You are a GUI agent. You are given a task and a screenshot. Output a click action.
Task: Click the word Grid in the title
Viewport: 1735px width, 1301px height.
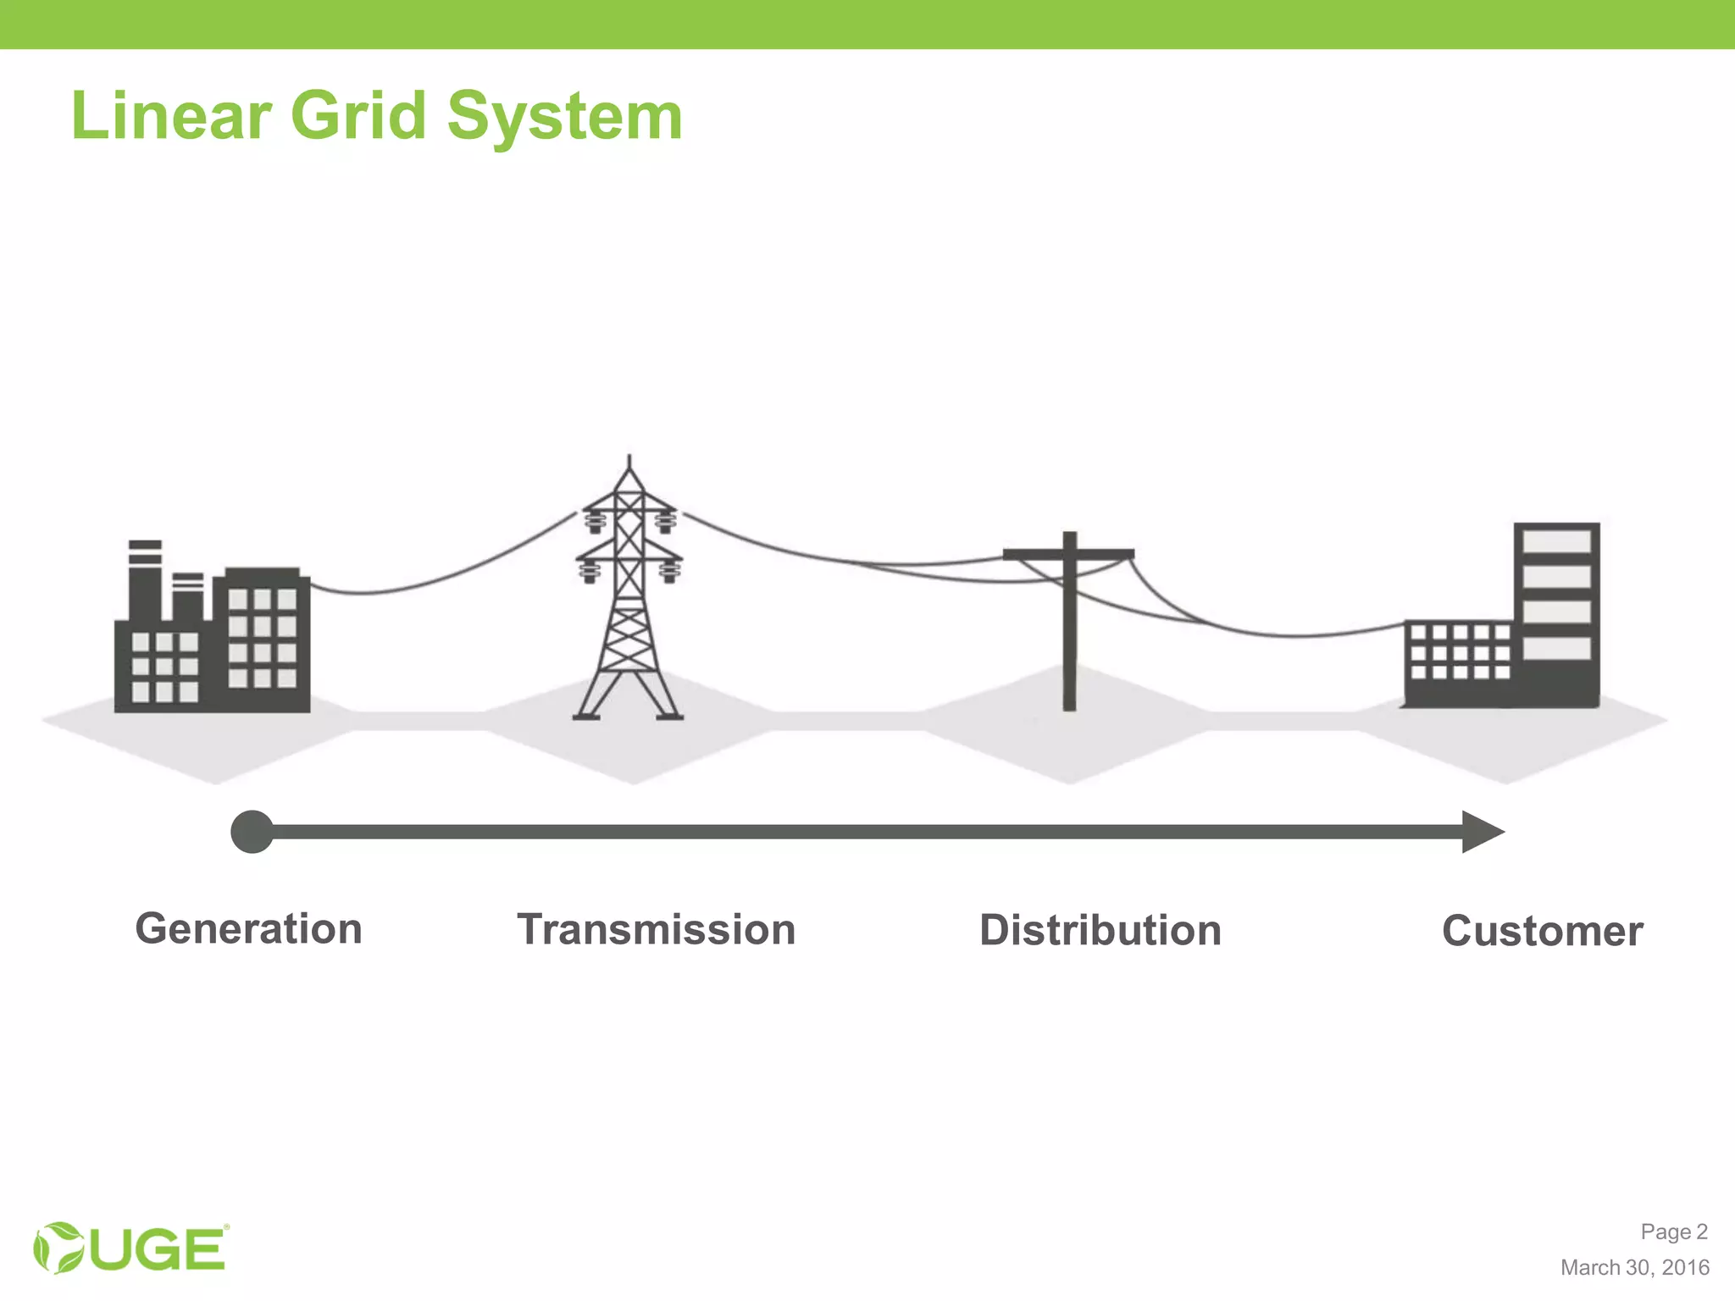tap(358, 116)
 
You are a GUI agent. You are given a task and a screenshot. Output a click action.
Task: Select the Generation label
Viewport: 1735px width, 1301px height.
tap(248, 929)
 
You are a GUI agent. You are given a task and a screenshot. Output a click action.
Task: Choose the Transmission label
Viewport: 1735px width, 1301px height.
tap(656, 930)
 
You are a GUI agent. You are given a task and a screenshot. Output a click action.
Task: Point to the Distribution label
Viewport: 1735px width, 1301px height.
tap(1100, 931)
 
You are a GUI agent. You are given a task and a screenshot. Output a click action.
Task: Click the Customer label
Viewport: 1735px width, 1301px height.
tap(1542, 932)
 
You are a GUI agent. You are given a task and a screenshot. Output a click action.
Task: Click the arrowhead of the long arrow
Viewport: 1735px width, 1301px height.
tap(1482, 832)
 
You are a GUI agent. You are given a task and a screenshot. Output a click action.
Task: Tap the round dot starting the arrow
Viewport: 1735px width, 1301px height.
tap(252, 832)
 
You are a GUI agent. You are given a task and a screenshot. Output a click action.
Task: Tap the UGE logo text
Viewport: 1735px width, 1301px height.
tap(158, 1249)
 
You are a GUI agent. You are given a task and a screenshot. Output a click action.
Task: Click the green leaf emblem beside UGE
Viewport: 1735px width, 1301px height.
tap(58, 1248)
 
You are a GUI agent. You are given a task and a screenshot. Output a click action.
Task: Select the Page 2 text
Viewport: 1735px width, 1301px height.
tap(1673, 1232)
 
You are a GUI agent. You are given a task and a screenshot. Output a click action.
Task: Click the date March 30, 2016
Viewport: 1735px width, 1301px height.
tap(1634, 1267)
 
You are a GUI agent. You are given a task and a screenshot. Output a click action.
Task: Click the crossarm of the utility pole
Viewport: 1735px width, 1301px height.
tap(1068, 555)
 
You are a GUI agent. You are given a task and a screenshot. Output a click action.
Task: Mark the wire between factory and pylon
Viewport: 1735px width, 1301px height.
tap(441, 575)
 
